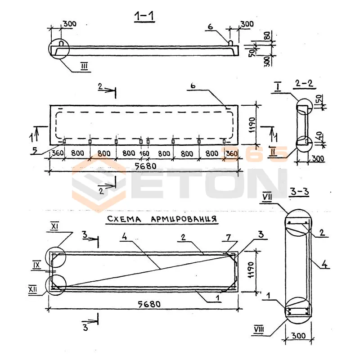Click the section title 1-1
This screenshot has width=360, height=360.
click(144, 17)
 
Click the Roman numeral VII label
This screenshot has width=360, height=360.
click(267, 197)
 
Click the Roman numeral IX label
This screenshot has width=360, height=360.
click(37, 265)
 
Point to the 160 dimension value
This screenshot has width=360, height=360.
click(144, 153)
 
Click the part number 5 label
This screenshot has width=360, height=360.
click(34, 150)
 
